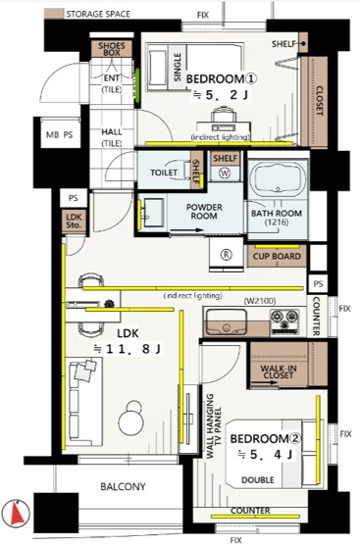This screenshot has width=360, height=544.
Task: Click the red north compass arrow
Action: click(x=18, y=513)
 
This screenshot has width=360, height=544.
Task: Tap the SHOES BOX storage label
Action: click(x=112, y=49)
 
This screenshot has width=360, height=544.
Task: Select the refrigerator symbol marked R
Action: click(x=226, y=255)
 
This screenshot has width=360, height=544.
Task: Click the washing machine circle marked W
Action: click(x=225, y=173)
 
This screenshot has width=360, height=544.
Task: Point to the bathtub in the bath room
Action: click(x=278, y=178)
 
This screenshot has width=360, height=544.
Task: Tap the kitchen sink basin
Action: click(x=227, y=322)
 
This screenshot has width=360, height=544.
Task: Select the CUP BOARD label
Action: click(x=277, y=257)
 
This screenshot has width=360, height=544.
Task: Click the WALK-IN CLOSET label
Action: click(x=278, y=371)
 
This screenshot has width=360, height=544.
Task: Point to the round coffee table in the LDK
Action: click(x=131, y=419)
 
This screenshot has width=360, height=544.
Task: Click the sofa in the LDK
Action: click(x=84, y=402)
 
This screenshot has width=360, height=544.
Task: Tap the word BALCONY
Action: click(x=123, y=486)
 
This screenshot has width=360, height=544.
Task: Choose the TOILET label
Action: click(x=164, y=173)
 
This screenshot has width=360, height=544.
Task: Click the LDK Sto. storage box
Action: click(x=74, y=221)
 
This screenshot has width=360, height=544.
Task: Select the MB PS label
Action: click(x=60, y=134)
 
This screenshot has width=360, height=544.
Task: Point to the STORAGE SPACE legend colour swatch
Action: click(x=54, y=14)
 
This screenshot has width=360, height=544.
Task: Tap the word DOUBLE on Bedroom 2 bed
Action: click(x=258, y=480)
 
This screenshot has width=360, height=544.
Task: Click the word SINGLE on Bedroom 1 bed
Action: click(x=178, y=68)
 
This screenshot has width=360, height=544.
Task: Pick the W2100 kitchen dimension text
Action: click(x=260, y=301)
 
